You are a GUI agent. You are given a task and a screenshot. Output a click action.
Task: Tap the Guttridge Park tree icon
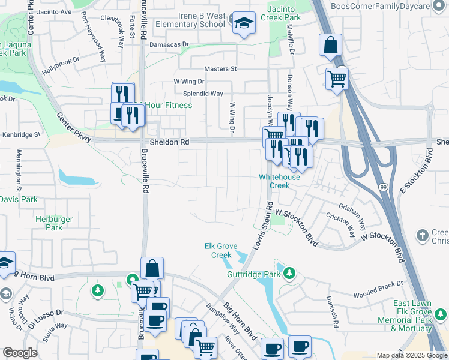coord(290,274)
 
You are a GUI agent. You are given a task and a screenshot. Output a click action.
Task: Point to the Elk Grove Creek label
coord(221,251)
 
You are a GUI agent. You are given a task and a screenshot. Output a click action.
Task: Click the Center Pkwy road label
coord(74,128)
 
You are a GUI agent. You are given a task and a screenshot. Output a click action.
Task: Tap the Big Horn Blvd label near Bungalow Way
coord(240,322)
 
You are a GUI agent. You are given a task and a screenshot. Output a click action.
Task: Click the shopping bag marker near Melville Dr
coord(330,45)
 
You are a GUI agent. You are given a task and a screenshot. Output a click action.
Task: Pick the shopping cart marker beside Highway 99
coord(337,78)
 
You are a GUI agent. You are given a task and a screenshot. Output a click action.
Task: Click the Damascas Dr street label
coord(169,44)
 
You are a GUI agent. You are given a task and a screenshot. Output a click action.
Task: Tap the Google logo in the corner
coord(20,353)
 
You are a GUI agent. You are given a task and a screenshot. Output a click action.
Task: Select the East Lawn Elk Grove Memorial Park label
coord(420,316)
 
